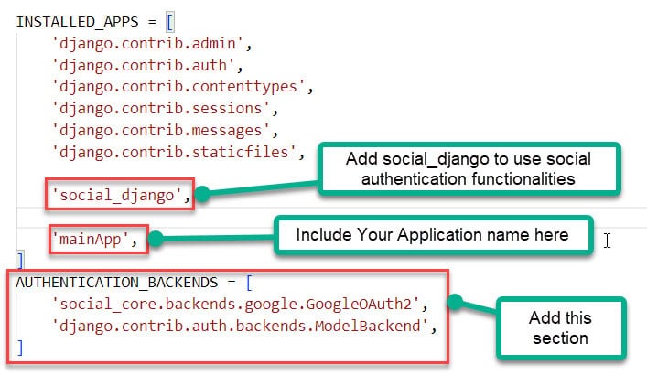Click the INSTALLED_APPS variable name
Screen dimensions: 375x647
[x=70, y=20]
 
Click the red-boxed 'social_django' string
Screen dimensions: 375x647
[x=120, y=194]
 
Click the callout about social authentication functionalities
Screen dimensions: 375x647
[x=468, y=169]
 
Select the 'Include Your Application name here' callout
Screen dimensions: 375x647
[x=433, y=235]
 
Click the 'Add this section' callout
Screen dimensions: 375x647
[x=560, y=328]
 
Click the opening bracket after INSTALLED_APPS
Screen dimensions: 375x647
[x=144, y=20]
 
